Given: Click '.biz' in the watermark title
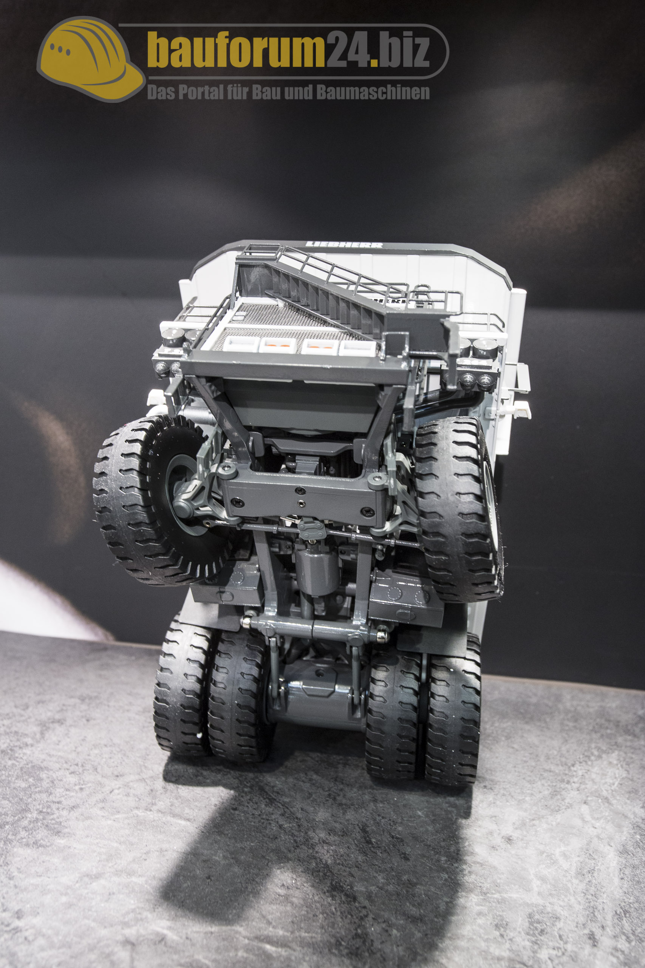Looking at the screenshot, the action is [x=402, y=50].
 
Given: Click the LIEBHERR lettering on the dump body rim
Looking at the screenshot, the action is [x=344, y=245].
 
